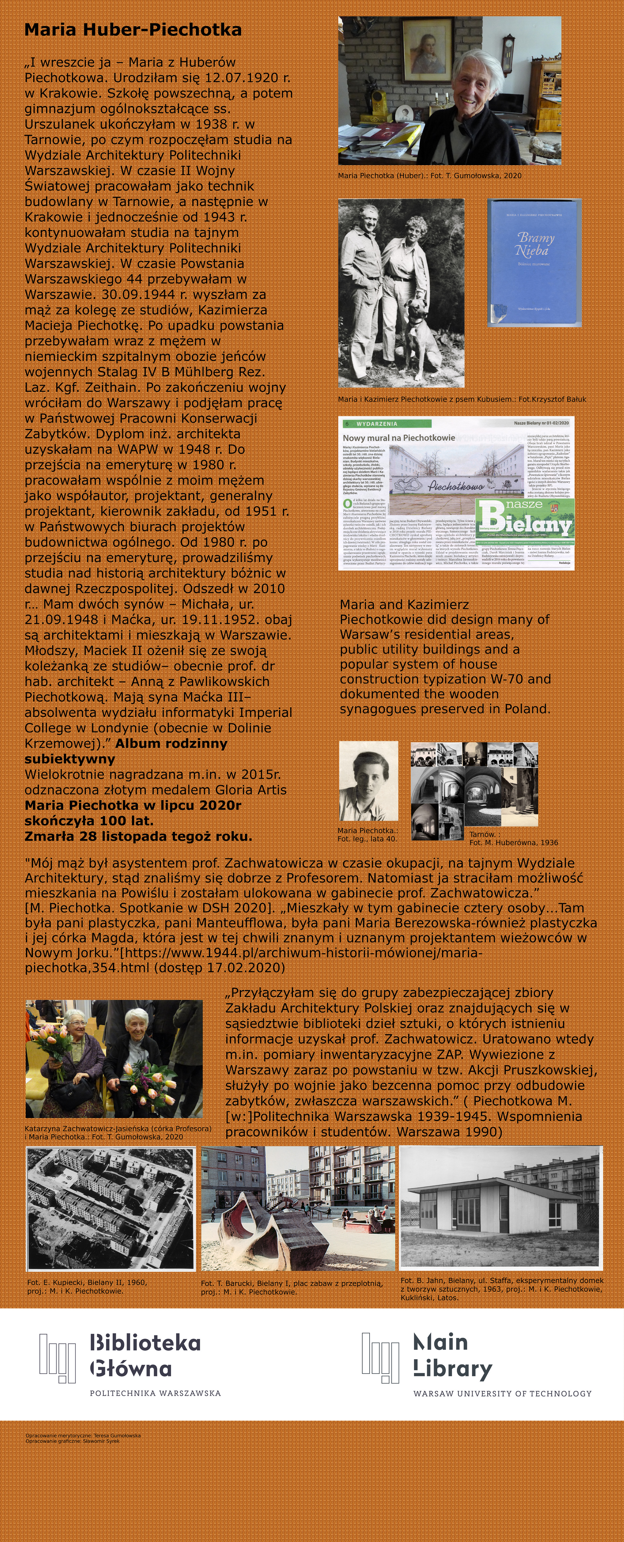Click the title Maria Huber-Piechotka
click(133, 30)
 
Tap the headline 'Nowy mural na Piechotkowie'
click(399, 438)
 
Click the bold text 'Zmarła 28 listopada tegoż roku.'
click(138, 836)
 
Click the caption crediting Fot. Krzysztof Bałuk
click(462, 399)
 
